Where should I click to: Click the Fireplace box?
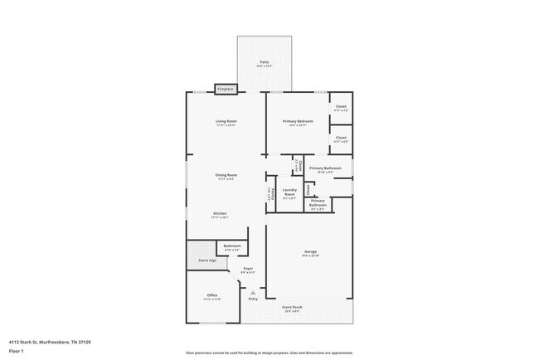click(x=225, y=89)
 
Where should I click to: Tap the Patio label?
click(x=264, y=62)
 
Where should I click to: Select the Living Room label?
click(x=226, y=122)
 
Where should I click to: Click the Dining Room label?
click(x=226, y=175)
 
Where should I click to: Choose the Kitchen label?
click(x=220, y=213)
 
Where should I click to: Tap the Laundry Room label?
click(x=289, y=192)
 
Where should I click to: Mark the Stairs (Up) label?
click(x=206, y=260)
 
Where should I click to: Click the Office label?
click(x=212, y=295)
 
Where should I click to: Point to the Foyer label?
click(x=247, y=269)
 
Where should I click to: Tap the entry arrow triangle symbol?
click(x=253, y=292)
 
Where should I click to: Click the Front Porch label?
click(x=292, y=309)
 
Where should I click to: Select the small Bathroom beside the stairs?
click(x=232, y=246)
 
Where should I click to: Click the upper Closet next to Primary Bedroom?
click(x=340, y=107)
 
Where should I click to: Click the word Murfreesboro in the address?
click(x=57, y=342)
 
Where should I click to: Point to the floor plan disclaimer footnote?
click(x=269, y=353)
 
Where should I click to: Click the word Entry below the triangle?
click(x=253, y=299)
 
